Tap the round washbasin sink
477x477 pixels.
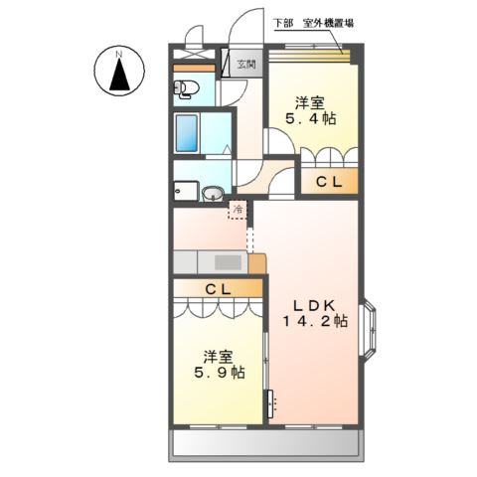213,194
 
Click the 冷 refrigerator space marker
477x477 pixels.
238,210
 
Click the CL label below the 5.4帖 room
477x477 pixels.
329,182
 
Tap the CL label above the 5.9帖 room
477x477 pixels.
219,288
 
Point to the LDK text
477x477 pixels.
311,304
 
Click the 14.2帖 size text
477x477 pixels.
311,322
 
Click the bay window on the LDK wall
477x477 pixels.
368,327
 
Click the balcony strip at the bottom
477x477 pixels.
264,441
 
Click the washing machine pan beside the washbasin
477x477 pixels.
185,192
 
